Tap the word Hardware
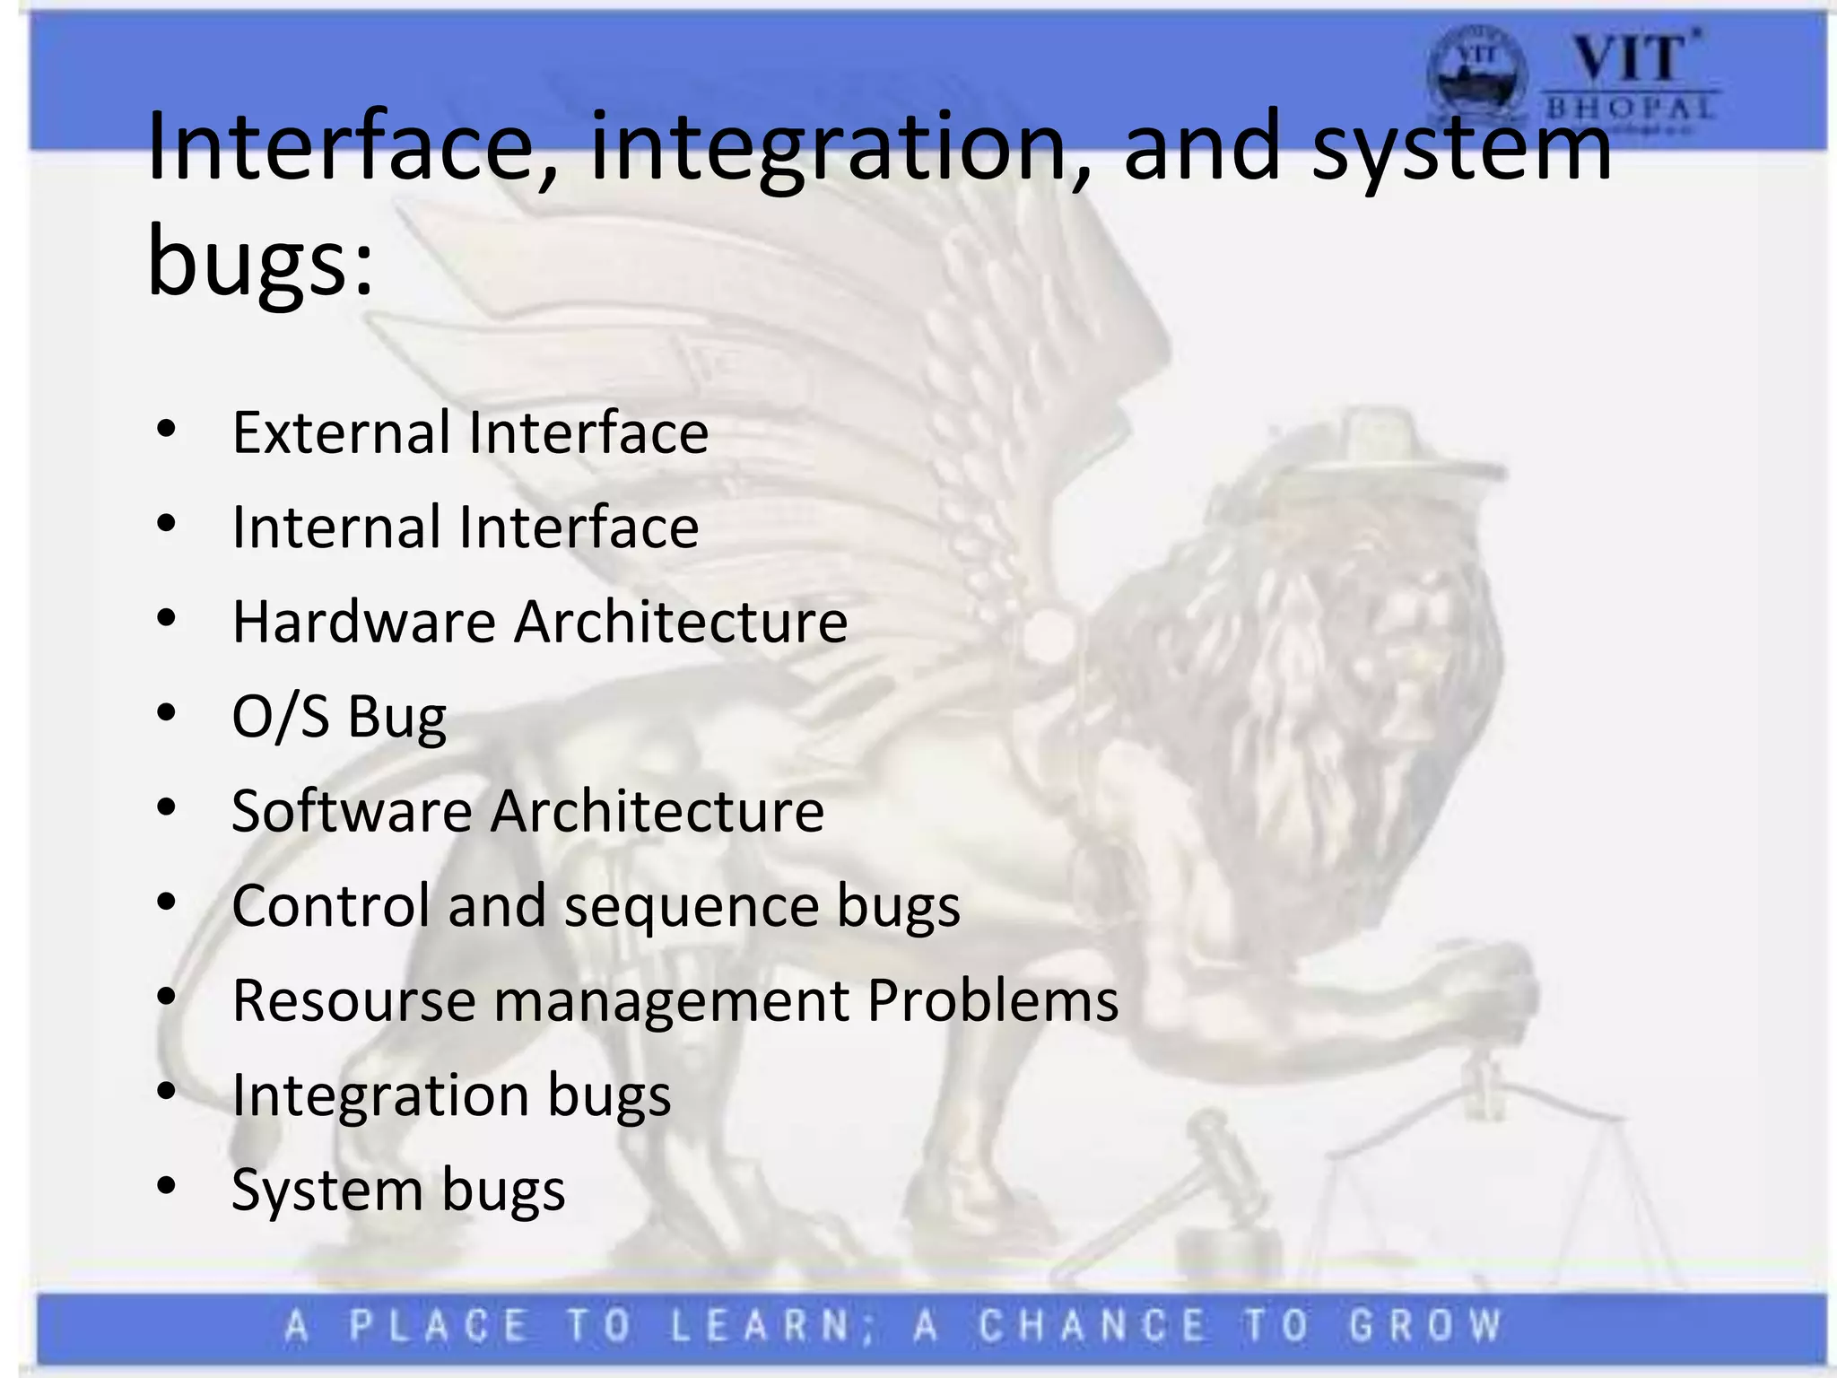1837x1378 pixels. pos(363,623)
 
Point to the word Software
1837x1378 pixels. pos(352,812)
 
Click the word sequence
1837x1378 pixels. pos(691,907)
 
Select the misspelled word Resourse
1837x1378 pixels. pos(353,1001)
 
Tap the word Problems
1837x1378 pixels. pos(992,1001)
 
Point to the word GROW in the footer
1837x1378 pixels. pos(1426,1326)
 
